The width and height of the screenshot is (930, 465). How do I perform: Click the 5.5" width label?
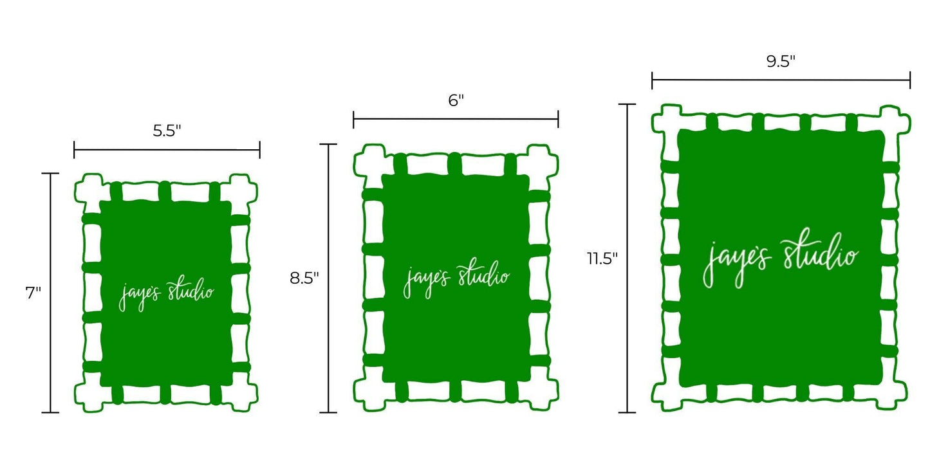(167, 131)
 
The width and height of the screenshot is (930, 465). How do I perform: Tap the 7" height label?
(33, 293)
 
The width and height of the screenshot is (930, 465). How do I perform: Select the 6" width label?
(456, 100)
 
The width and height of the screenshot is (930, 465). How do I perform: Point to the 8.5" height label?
(304, 278)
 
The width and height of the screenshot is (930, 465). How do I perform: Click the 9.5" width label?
(781, 61)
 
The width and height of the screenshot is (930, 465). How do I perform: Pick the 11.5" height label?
(602, 259)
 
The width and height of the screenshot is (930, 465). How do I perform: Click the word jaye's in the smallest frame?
(140, 295)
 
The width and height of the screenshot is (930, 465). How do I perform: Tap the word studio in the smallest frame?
(191, 291)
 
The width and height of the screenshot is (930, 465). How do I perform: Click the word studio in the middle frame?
(484, 275)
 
